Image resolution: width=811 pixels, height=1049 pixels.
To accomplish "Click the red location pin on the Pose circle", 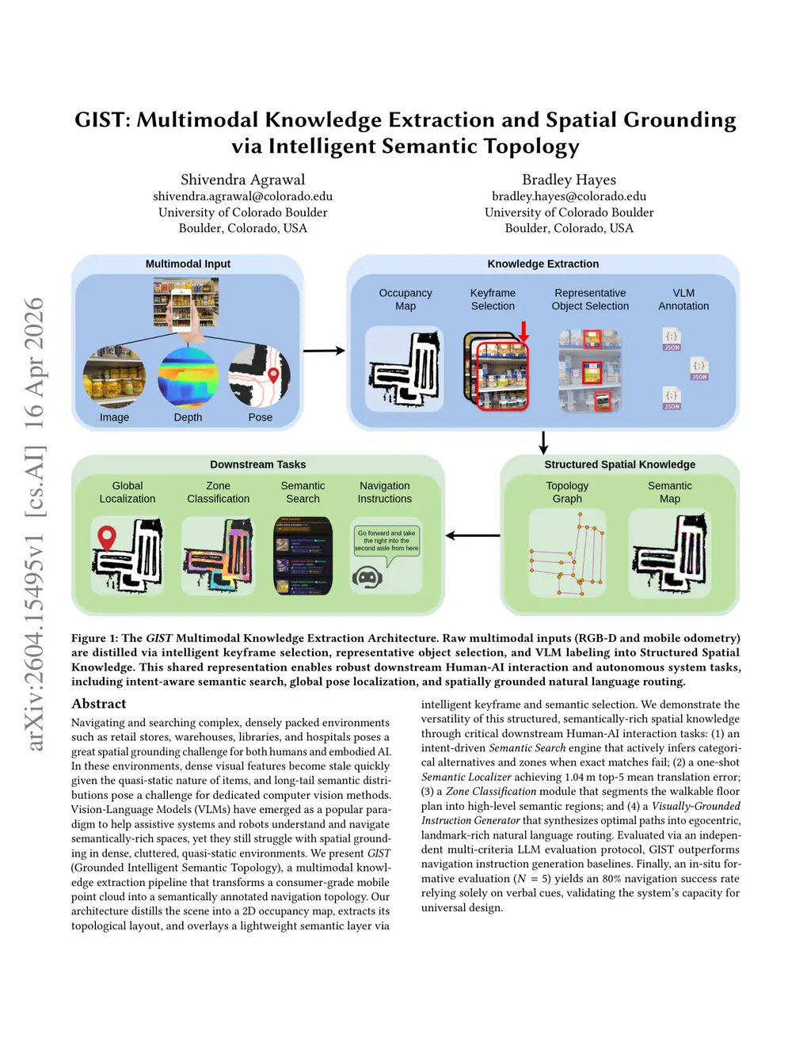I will pos(274,375).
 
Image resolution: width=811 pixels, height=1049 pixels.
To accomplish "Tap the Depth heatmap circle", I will pos(188,377).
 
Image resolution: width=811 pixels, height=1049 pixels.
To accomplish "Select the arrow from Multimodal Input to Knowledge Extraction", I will pos(324,351).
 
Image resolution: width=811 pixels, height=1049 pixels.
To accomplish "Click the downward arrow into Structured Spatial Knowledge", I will pos(543,443).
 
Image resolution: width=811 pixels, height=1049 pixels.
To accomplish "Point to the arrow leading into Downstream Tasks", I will pos(472,536).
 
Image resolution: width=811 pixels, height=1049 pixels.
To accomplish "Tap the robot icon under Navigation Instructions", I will pos(367,577).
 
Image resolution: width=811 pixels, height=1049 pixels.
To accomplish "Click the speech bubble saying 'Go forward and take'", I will pos(386,541).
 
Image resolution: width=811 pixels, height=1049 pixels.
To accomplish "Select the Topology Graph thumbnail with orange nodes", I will pos(567,553).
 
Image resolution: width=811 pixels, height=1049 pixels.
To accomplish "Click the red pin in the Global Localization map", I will pos(106,538).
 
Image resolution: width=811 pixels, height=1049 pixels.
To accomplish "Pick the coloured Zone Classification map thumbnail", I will pos(218,555).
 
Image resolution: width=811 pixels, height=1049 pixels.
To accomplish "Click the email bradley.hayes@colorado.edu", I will pos(569,196).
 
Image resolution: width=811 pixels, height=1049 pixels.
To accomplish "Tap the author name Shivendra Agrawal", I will pos(242,180).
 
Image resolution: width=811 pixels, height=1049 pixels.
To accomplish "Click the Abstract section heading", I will pos(99,704).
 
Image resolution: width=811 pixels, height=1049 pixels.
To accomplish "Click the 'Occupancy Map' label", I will pos(405,299).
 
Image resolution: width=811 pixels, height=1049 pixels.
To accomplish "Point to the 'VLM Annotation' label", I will pos(683,299).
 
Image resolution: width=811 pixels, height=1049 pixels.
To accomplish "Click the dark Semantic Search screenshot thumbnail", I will pos(303,556).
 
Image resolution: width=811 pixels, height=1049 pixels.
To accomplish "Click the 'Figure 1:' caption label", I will pos(94,638).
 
